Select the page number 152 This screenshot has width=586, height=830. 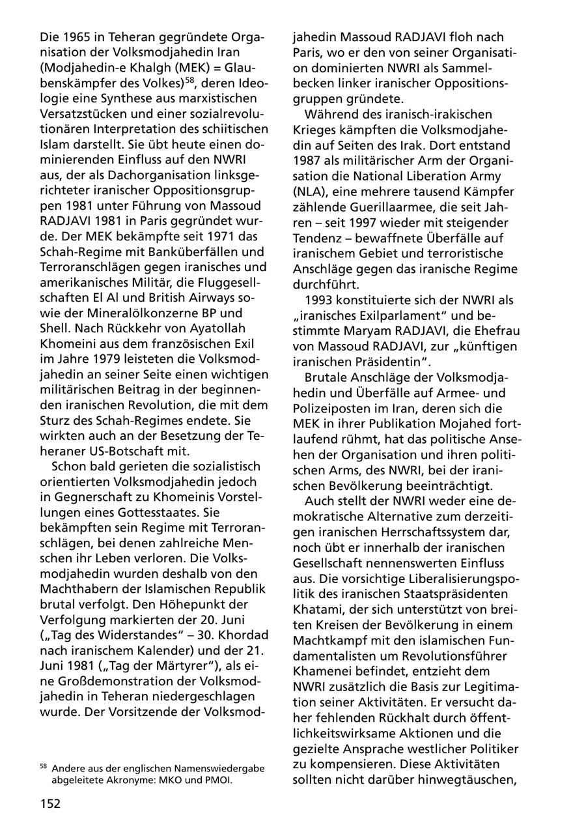49,803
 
